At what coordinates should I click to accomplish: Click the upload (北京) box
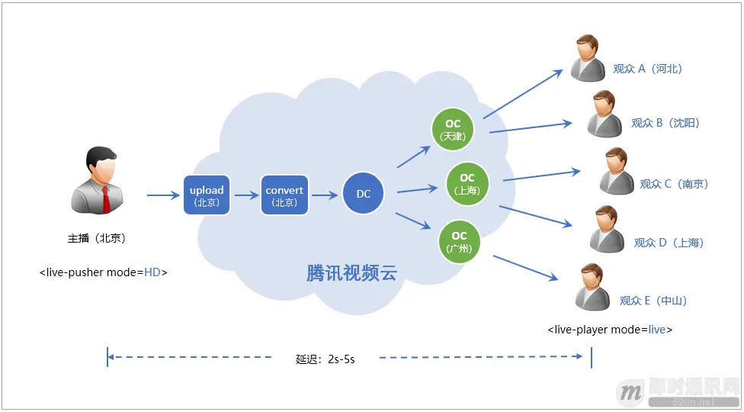coord(207,195)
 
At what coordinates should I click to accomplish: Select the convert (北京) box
coord(284,195)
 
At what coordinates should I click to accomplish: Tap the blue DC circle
coord(363,194)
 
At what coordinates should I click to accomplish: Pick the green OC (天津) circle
coord(452,129)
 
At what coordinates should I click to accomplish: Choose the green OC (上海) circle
coord(467,183)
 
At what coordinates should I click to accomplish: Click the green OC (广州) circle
coord(459,241)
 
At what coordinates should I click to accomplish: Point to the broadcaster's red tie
coord(106,198)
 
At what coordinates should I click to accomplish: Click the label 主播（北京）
coord(96,238)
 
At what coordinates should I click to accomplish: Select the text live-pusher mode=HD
coord(104,272)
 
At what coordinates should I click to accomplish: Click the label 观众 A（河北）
coord(647,69)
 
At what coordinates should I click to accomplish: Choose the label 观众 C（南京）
coord(674,184)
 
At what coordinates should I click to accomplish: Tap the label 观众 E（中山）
coord(653,301)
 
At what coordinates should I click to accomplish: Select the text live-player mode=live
coord(610,330)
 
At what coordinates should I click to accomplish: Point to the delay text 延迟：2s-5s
coord(325,359)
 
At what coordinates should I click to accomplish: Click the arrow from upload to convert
coord(246,195)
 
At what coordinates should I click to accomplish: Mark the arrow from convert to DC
coord(324,195)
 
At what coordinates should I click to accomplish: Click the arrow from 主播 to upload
coord(163,195)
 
